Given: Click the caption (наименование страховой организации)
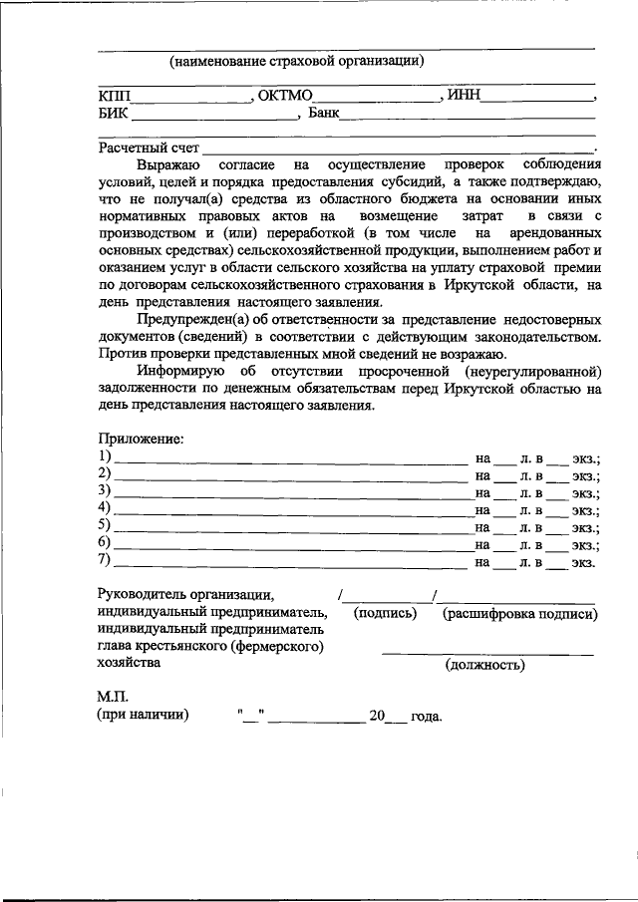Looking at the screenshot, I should (x=296, y=61).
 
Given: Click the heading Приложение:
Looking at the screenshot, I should (x=140, y=439).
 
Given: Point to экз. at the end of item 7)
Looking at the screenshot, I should (x=583, y=563).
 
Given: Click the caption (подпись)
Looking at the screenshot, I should (x=385, y=614).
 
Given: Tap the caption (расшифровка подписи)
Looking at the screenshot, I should (x=519, y=614).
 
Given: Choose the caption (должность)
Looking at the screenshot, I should (x=484, y=665).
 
